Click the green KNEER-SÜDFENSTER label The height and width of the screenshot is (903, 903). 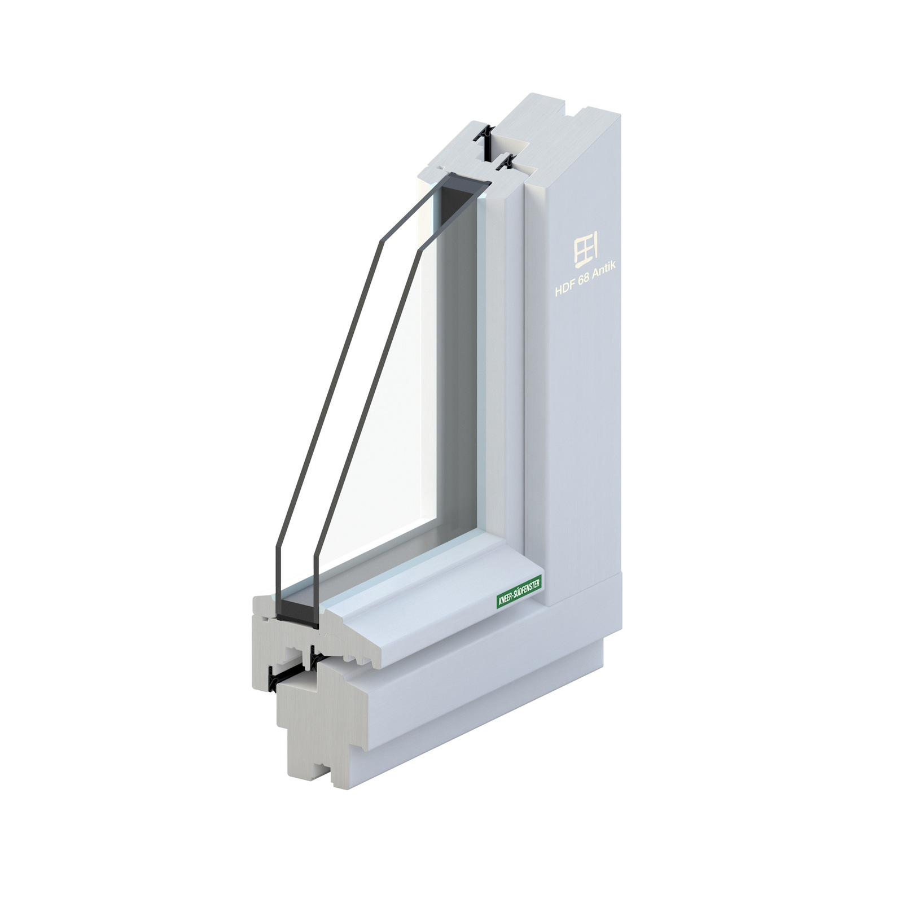[x=518, y=593]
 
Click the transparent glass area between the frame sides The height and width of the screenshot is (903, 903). [x=406, y=395]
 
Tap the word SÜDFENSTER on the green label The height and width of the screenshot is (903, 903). [x=524, y=590]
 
